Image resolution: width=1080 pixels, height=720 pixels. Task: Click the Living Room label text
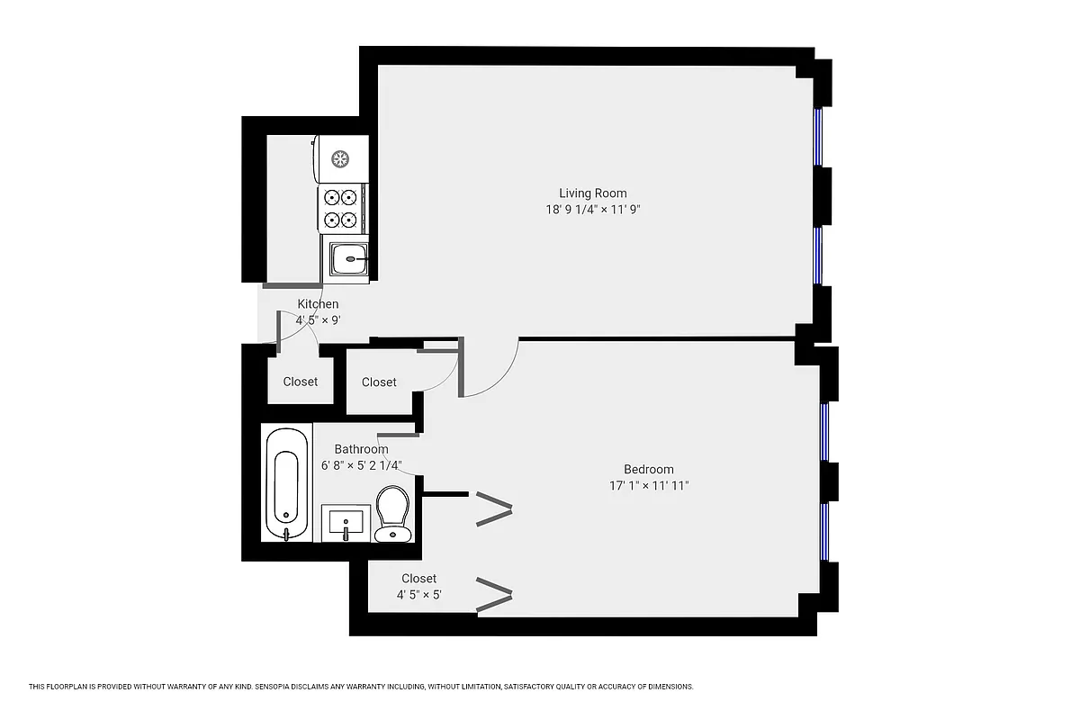(x=592, y=193)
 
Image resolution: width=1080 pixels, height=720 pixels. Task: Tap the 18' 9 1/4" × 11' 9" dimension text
(x=592, y=209)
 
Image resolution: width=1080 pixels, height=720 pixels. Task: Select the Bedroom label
(x=648, y=469)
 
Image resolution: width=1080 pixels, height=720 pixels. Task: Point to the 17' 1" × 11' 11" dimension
(x=648, y=485)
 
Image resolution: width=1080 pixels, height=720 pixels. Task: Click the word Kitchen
(x=318, y=304)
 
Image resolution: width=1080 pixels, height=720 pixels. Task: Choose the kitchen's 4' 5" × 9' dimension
(x=318, y=319)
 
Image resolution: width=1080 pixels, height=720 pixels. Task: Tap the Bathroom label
(x=361, y=449)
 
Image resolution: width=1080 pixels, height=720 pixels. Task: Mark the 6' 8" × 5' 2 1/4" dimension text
(x=361, y=465)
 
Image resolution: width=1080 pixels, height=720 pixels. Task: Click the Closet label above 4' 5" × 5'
(x=418, y=578)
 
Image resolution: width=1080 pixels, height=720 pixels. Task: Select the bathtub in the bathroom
(x=286, y=484)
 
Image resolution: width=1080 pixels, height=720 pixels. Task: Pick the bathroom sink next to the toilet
(x=346, y=523)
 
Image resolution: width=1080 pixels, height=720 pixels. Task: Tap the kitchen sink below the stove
(x=348, y=259)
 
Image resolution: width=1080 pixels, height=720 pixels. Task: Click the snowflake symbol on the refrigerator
(x=340, y=159)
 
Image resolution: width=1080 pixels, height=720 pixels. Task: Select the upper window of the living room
(x=818, y=138)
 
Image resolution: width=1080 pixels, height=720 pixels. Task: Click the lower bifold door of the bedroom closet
(x=494, y=594)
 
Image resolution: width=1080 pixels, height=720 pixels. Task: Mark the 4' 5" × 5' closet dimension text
(x=418, y=594)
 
